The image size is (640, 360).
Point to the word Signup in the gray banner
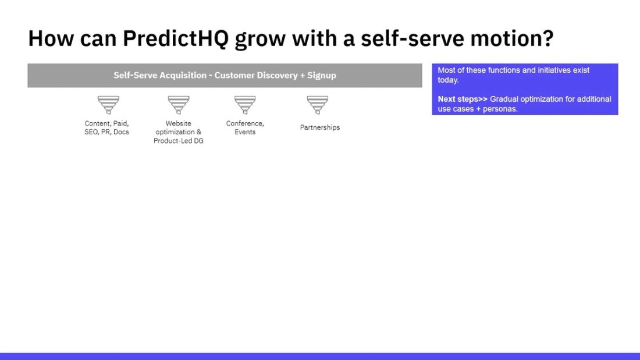click(x=321, y=75)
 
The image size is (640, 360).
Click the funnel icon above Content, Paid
click(x=108, y=105)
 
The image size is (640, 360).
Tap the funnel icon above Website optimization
click(x=179, y=105)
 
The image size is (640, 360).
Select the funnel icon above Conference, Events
click(x=245, y=105)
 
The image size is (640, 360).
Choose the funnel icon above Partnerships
click(x=318, y=105)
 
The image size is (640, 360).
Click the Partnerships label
click(x=319, y=127)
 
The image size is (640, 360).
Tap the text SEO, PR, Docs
click(x=106, y=132)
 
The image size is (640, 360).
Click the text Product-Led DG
click(x=179, y=141)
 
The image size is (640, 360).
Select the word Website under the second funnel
click(x=178, y=123)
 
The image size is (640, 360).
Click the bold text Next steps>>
click(x=462, y=99)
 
